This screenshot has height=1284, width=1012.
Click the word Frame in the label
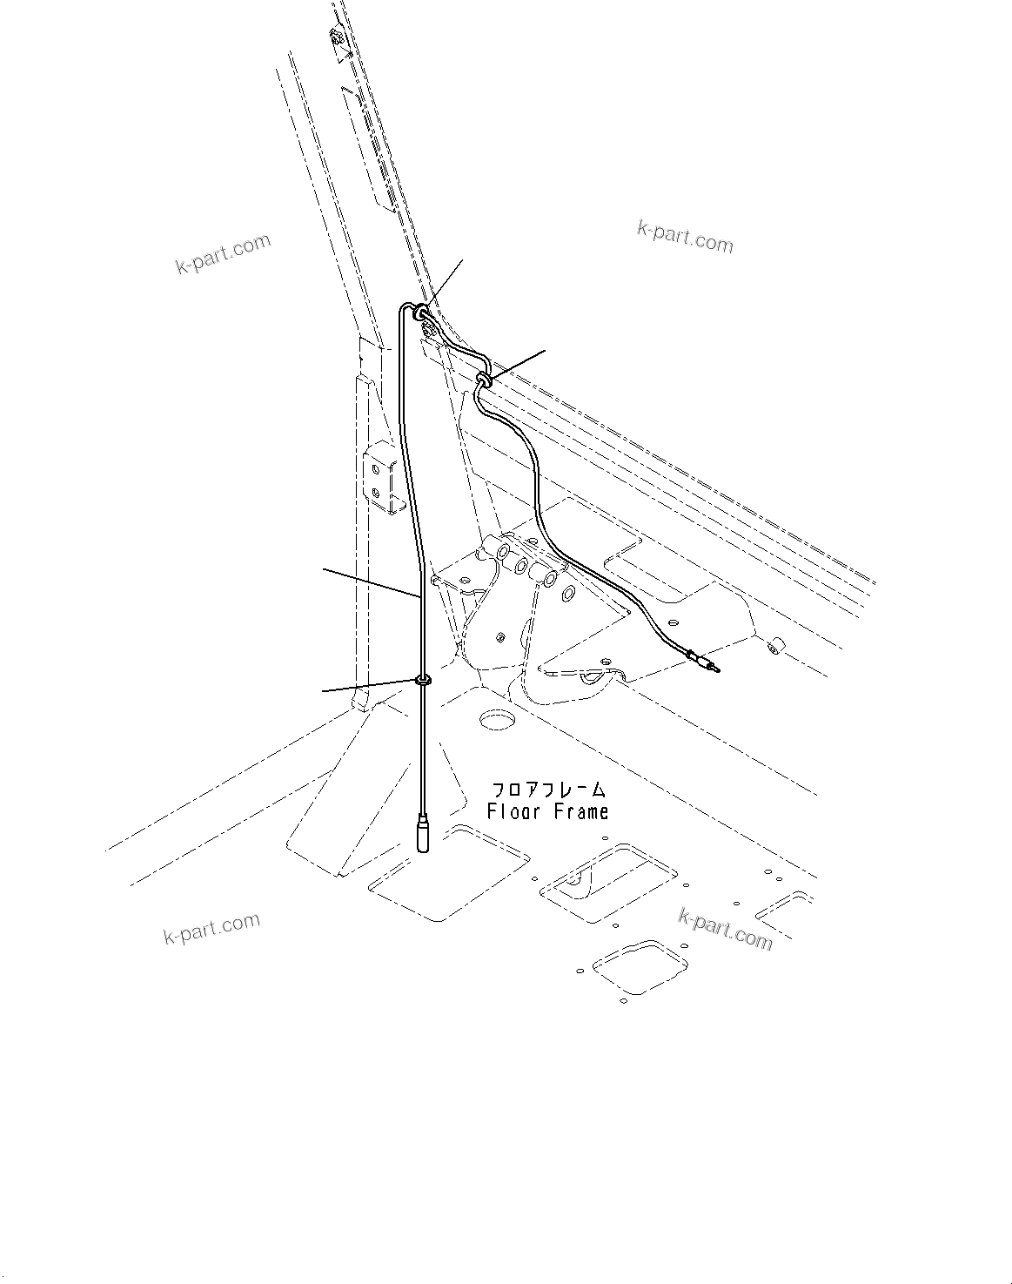(x=579, y=812)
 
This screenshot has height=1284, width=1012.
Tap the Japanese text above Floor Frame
(x=548, y=790)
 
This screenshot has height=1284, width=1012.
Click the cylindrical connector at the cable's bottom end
(x=425, y=835)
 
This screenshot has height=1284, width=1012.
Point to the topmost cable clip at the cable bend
(x=419, y=310)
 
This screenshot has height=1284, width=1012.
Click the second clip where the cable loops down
(x=484, y=378)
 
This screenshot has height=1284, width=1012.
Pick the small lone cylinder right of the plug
(x=772, y=646)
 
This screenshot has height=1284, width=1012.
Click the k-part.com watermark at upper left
(x=224, y=253)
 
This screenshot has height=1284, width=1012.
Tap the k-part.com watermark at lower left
(x=211, y=929)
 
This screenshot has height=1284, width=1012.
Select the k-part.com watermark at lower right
(x=725, y=929)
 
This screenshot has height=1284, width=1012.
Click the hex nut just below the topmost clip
(x=427, y=329)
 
